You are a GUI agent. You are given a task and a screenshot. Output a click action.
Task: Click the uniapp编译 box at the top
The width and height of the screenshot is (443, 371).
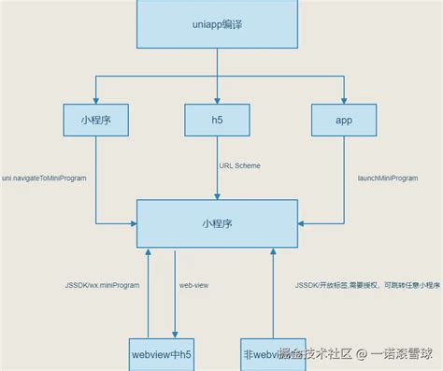coord(217,24)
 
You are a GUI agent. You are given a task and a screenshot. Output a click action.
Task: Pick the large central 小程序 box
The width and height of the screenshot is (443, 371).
coord(217,224)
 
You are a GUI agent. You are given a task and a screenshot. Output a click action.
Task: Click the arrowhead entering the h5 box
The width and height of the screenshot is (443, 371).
coord(217,98)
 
